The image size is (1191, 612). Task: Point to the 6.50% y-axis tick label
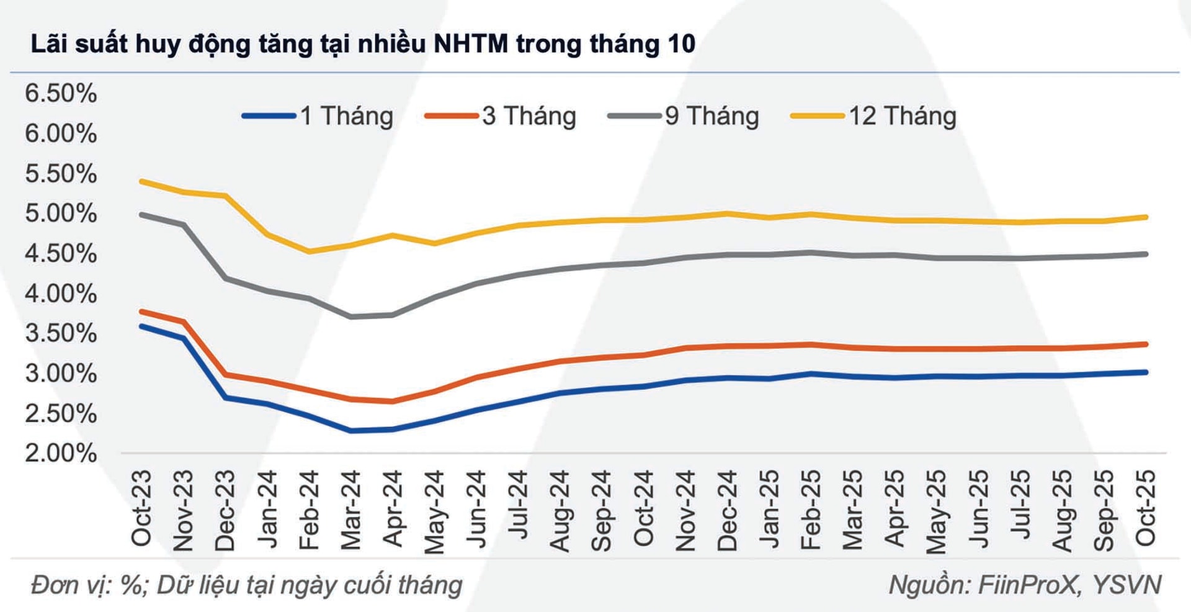61,93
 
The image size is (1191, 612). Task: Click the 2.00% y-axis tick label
61,453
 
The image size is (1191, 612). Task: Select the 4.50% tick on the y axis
61,253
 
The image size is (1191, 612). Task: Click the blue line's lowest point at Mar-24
351,430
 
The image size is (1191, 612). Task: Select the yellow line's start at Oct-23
141,181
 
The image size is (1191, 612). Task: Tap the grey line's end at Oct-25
1145,254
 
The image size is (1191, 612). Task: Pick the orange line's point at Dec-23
225,374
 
